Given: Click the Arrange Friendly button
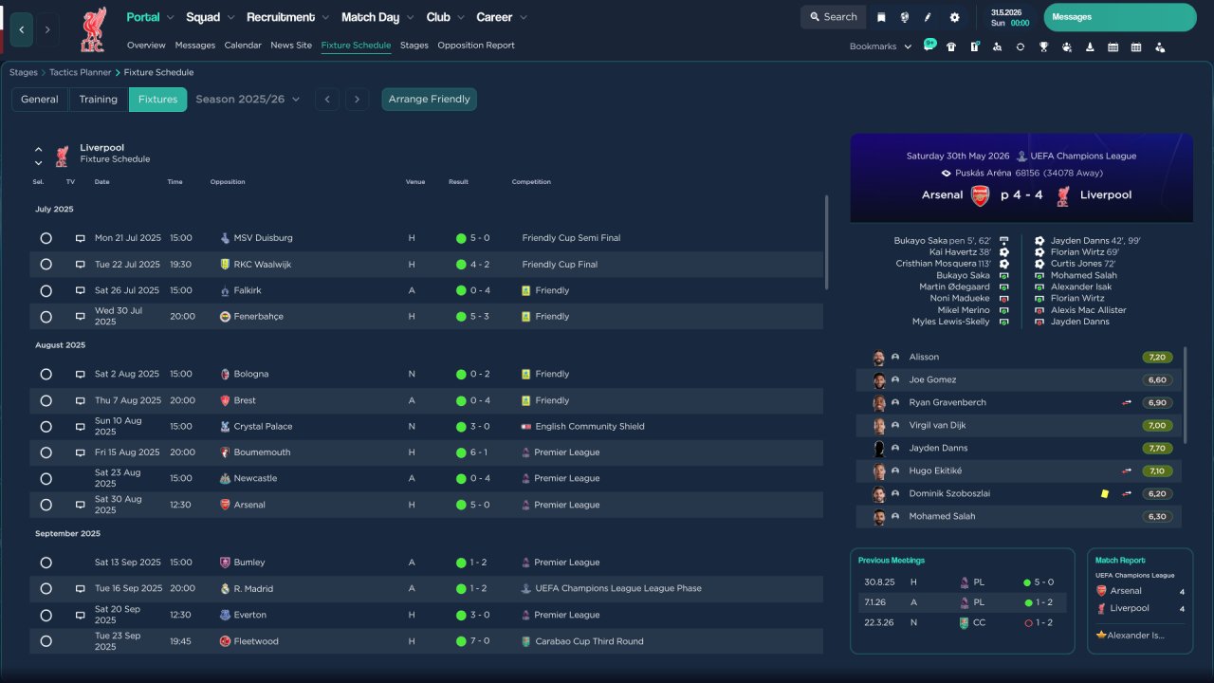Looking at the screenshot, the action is pos(429,100).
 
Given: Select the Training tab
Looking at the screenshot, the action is pos(98,100).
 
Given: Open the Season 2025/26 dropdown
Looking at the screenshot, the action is pos(248,100).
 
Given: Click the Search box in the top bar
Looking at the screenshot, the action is pos(833,17).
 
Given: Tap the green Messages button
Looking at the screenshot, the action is pos(1120,17).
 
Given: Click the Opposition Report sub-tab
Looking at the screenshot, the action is pos(476,46).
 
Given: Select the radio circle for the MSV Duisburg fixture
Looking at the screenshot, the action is pos(46,238).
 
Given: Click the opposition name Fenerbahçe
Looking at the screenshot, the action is pos(259,317).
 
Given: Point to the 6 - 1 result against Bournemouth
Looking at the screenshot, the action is pos(479,452).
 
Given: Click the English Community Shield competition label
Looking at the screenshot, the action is pos(590,427).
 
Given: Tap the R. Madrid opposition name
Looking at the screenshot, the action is pos(253,589).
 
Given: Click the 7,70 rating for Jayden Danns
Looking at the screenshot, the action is pos(1157,449).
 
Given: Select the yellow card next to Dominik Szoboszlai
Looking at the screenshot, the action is pos(1105,494).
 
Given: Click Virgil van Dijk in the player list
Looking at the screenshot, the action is pos(937,426).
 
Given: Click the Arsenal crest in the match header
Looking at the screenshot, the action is pos(980,195).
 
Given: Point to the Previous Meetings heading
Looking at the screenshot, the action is pos(891,561).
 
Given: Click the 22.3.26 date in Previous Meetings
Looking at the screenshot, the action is pos(878,623).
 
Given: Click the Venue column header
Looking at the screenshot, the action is pos(415,182).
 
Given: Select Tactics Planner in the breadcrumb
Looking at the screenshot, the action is pos(81,73).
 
